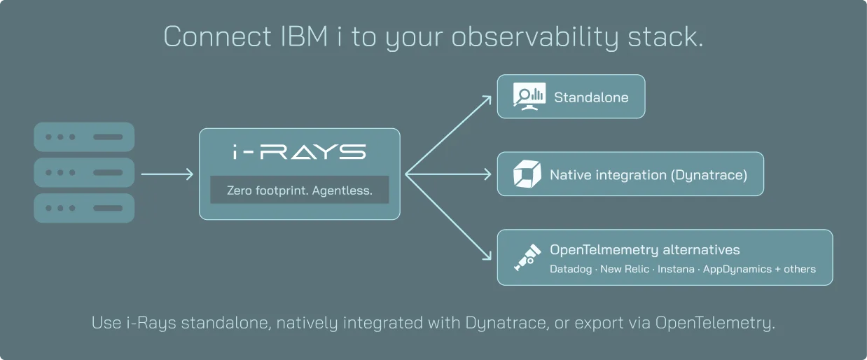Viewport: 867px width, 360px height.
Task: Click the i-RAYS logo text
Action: coord(299,152)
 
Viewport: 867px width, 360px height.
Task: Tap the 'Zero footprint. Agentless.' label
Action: coord(300,191)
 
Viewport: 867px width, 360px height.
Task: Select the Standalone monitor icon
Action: coord(529,97)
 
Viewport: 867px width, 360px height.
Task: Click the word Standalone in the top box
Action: coord(591,97)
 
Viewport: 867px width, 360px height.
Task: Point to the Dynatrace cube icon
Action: coord(527,174)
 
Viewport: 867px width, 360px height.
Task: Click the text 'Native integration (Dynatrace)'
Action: coord(648,175)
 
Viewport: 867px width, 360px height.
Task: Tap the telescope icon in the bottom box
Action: coord(527,258)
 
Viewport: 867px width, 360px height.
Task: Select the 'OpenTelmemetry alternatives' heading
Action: coord(645,249)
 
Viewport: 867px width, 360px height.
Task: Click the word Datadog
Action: coord(571,269)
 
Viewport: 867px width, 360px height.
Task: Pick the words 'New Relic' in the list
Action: coord(624,269)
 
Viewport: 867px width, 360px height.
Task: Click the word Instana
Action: coord(676,269)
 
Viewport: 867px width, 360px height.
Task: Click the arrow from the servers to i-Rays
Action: coord(167,174)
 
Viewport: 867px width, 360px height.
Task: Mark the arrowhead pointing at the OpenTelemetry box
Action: coord(487,256)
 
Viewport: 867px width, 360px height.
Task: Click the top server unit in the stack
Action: coord(84,137)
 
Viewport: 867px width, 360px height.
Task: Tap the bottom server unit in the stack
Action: coord(84,208)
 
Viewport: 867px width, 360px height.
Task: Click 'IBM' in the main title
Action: coord(304,37)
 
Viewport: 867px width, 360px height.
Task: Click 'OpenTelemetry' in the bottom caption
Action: coord(715,323)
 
